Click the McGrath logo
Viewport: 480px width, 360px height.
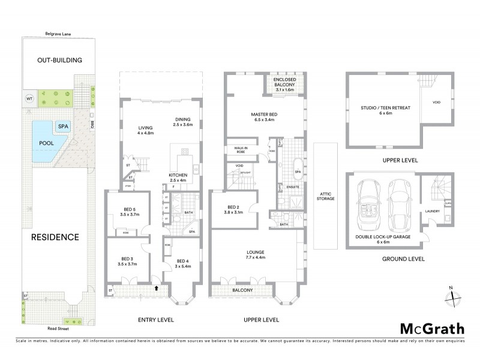click(432, 328)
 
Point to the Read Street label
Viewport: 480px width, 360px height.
click(59, 329)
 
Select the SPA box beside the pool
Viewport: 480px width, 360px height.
click(63, 127)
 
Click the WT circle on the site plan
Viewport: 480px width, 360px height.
click(29, 98)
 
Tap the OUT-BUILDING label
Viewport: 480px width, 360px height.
click(59, 61)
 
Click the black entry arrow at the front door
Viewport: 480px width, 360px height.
click(158, 289)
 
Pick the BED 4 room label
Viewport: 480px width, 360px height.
click(183, 260)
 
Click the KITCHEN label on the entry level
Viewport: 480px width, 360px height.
click(178, 175)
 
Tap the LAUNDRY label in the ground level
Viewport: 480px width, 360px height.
click(433, 211)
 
